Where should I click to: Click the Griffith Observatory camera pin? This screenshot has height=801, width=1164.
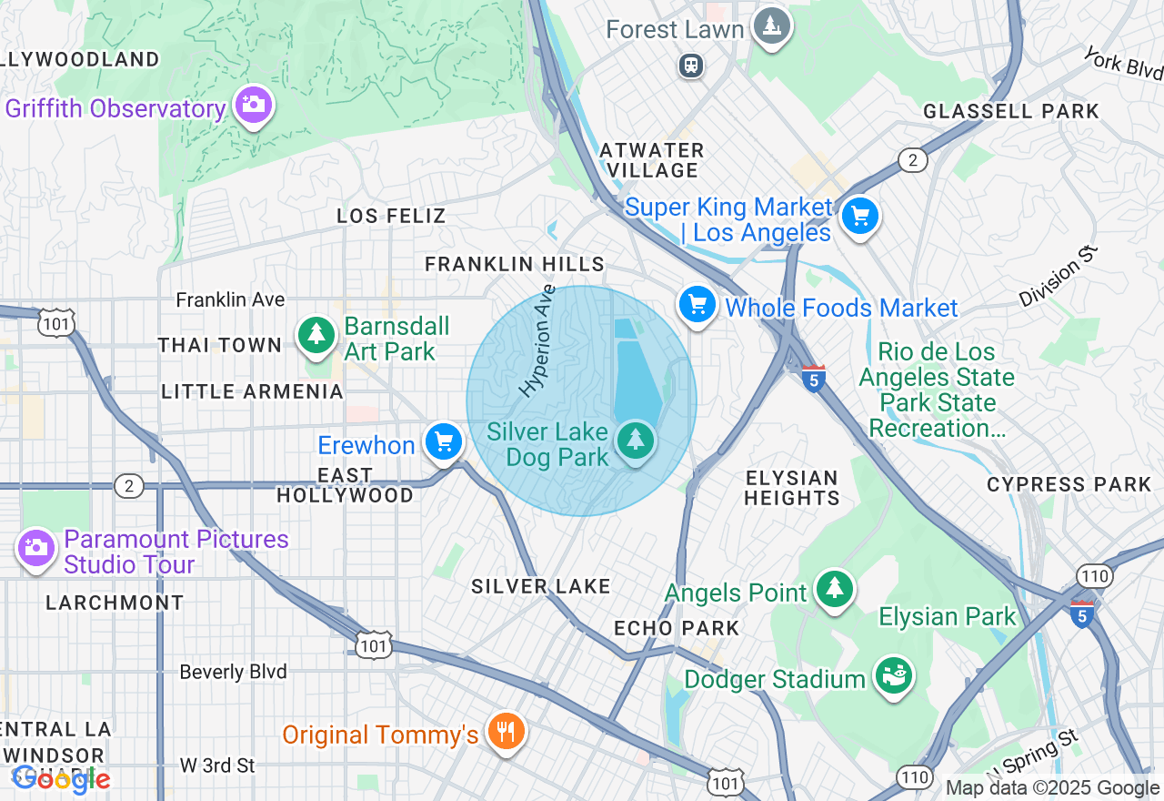253,105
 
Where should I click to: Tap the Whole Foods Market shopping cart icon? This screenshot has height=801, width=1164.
697,304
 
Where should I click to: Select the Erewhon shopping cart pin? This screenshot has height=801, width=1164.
444,442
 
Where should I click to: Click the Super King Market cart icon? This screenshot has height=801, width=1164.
859,217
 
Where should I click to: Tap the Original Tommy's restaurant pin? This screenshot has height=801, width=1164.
505,730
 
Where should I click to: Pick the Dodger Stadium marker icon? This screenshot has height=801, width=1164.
893,675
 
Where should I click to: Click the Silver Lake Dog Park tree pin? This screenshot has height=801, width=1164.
635,441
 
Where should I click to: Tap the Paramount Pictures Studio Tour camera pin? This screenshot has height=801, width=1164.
36,547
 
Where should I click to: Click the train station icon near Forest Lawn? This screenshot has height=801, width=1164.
692,66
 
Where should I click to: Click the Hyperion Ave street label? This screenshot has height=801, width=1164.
537,341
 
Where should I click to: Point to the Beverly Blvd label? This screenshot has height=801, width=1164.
233,672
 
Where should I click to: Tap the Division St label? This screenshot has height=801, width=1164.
1059,277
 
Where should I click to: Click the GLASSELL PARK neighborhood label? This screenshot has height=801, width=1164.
1011,111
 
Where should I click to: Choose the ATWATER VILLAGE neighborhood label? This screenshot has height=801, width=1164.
653,160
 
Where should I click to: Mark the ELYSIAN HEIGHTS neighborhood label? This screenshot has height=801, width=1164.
792,488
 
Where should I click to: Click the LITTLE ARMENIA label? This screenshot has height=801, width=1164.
252,391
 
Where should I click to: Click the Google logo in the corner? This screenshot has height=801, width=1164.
61,779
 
